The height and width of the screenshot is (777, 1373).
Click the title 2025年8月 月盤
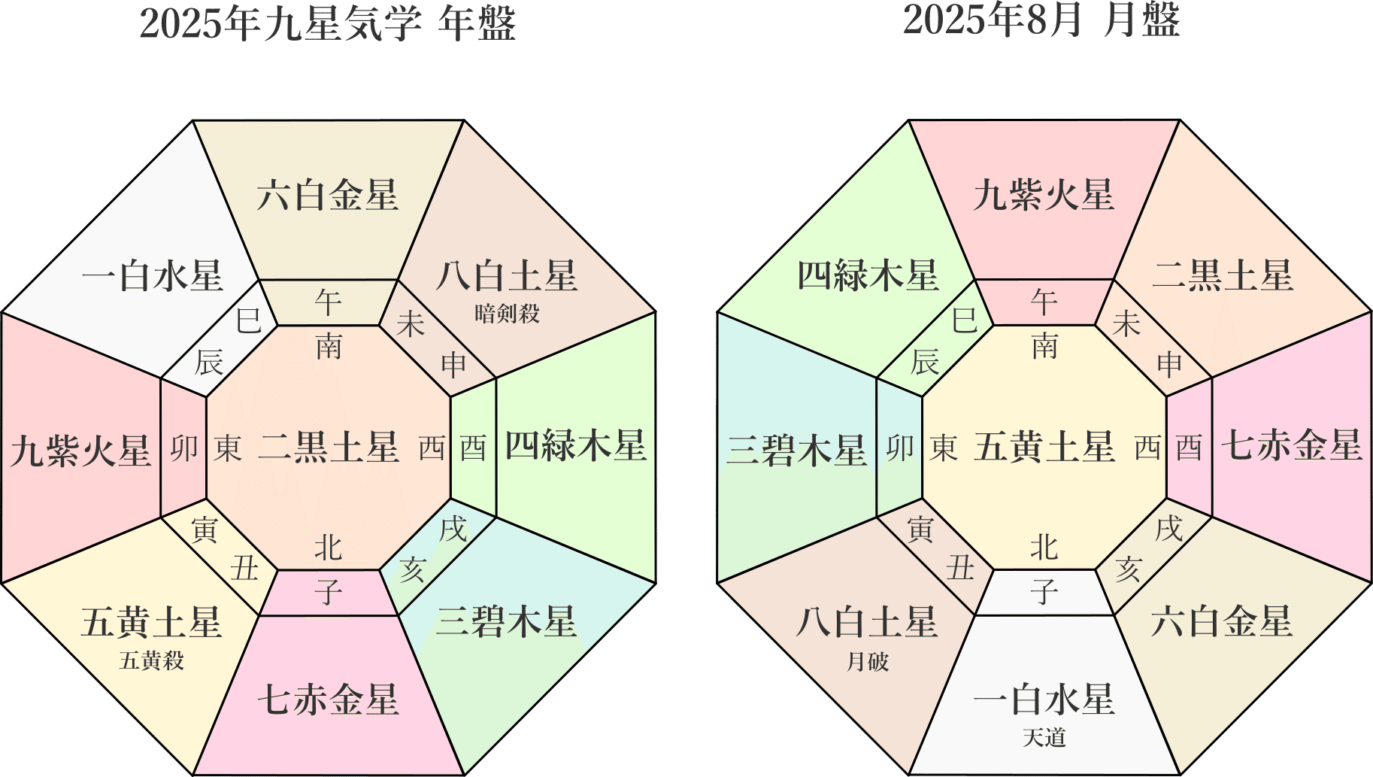[1041, 20]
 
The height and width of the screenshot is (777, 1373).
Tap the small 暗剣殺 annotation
[508, 313]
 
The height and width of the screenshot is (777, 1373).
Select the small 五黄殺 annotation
[151, 660]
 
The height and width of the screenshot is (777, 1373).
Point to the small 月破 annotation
[868, 661]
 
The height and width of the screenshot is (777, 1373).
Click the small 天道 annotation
[1044, 737]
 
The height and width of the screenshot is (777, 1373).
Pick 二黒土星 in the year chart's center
[329, 447]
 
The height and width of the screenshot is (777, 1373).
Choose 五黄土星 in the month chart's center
[1044, 447]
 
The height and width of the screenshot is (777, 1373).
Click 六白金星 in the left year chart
[328, 196]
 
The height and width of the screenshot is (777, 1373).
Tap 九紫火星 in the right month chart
[1044, 196]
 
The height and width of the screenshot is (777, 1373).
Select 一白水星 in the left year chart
[153, 276]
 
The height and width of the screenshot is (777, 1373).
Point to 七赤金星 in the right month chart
[1292, 445]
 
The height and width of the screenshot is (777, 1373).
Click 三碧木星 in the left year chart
[507, 622]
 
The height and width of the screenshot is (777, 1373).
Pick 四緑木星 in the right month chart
[868, 276]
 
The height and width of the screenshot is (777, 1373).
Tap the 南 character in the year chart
[329, 347]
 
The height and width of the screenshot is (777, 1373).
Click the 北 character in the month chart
[1044, 548]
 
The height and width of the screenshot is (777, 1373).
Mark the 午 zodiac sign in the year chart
[329, 303]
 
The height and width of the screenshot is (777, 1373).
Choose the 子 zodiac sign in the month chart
[1044, 592]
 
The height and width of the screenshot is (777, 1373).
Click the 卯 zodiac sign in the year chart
[184, 448]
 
